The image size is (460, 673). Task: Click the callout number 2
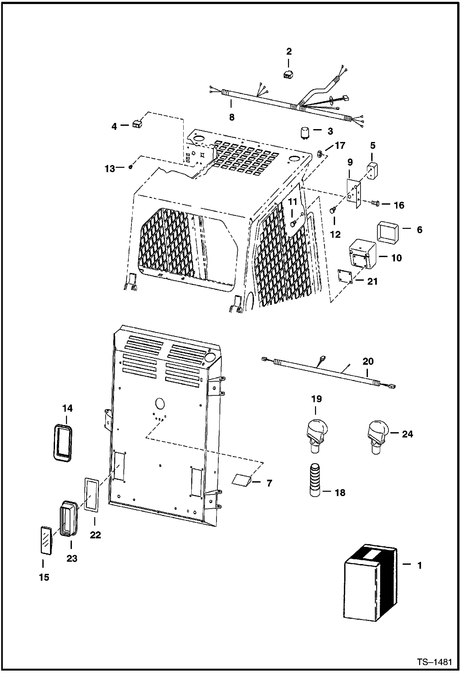point(289,52)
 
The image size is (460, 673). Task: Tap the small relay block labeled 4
point(137,124)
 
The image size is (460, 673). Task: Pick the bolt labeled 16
point(375,203)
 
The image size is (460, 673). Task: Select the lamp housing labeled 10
point(363,253)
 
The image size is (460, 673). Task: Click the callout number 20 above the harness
point(368,361)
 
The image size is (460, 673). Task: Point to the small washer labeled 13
point(131,167)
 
